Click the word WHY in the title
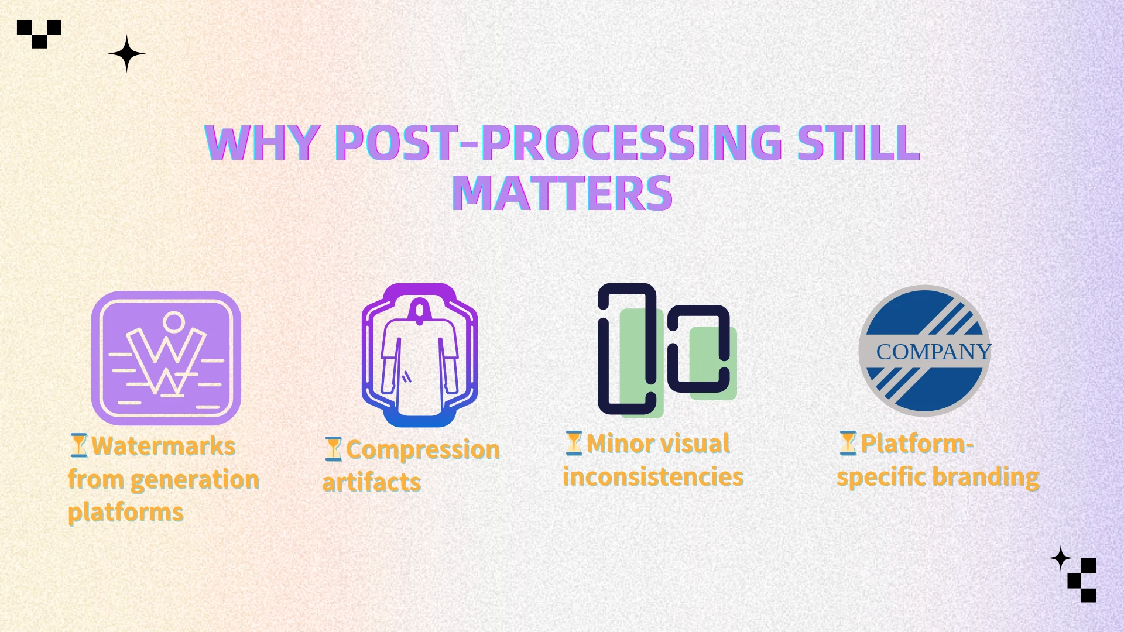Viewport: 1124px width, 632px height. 262,143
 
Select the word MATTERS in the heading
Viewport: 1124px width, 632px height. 562,193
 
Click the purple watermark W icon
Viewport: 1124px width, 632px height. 166,358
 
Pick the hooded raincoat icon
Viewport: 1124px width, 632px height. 420,355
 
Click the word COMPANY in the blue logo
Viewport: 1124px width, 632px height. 933,352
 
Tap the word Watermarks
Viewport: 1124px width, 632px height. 164,446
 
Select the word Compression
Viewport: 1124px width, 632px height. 423,449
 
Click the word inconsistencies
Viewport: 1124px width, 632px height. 653,476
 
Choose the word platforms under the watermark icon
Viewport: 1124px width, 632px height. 126,513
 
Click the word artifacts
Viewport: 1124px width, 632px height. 372,483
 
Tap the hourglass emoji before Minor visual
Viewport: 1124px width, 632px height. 574,443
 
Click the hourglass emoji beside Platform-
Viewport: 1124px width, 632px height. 848,443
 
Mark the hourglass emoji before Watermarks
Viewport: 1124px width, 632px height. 78,445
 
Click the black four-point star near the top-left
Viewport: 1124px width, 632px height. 126,53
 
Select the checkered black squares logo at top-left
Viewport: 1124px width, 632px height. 39,34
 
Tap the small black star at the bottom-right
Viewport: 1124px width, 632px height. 1060,559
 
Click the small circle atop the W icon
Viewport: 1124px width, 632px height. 174,321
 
